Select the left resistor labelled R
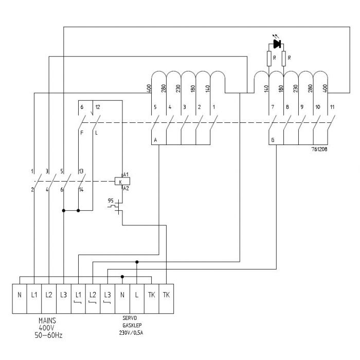[268, 59]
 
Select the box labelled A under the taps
[155, 140]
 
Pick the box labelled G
[272, 140]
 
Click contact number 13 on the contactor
[81, 171]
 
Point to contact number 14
[81, 190]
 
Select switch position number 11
[332, 107]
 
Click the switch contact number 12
[97, 107]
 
